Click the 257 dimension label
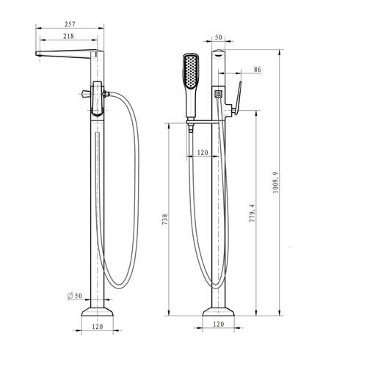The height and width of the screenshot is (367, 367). (x=70, y=24)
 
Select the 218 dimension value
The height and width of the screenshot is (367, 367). (x=68, y=36)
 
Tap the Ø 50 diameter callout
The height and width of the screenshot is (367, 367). (x=75, y=296)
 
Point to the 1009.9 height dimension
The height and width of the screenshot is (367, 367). (x=275, y=183)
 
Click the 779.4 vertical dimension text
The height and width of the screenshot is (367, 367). (x=252, y=213)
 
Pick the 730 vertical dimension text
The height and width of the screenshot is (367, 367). (x=165, y=219)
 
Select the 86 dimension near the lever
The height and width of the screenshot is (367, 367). (x=257, y=70)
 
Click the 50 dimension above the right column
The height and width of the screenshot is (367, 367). (x=218, y=37)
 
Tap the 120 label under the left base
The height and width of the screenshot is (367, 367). (x=98, y=327)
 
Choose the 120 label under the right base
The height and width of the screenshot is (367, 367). (x=219, y=324)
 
